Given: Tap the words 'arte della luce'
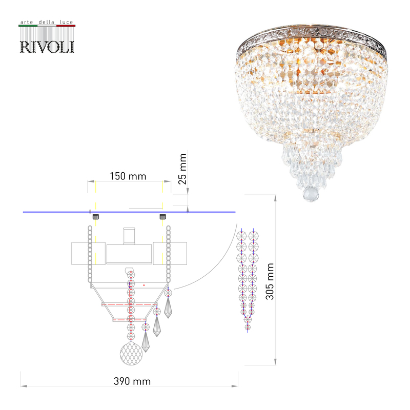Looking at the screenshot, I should (x=47, y=23).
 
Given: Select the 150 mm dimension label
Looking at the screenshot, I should (x=128, y=176).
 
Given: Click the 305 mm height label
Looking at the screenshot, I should (x=271, y=281).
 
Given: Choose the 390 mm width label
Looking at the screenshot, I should (x=132, y=381).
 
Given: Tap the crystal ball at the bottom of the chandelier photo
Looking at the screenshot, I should (x=312, y=194).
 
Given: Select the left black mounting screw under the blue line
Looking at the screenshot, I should (x=95, y=217).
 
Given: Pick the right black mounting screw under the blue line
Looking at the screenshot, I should (x=163, y=217).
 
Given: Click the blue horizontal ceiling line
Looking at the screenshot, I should (x=128, y=212).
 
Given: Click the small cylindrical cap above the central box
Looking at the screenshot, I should (x=129, y=236).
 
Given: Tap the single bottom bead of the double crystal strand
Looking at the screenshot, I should (x=248, y=327).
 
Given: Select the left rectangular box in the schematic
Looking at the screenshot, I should (x=80, y=254).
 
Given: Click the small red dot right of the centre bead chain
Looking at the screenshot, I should (x=145, y=284).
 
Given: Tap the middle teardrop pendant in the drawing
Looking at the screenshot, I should (x=156, y=323).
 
